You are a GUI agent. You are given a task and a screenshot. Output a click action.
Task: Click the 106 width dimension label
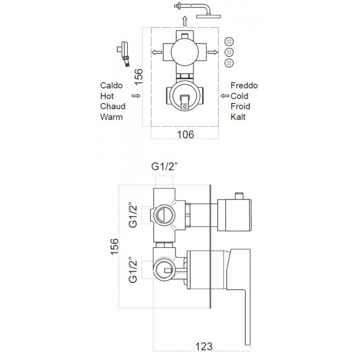[185, 135]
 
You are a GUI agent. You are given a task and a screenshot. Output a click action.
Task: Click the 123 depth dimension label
[204, 346]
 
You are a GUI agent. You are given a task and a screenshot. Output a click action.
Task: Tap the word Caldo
[111, 85]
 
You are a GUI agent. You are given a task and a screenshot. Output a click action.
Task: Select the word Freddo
[244, 85]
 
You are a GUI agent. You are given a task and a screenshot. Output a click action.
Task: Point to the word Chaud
[113, 106]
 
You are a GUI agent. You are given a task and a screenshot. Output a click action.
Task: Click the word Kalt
[238, 117]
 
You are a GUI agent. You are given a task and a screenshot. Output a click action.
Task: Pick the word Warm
[111, 117]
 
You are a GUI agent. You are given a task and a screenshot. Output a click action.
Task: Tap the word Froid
[240, 106]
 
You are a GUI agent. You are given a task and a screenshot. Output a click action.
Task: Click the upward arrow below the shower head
[184, 21]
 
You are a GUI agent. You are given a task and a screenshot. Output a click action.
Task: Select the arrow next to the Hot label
[136, 96]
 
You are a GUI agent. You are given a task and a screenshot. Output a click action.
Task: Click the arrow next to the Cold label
[225, 96]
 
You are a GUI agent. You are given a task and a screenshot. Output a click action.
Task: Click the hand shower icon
[124, 54]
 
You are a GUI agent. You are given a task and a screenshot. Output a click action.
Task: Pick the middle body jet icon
[229, 52]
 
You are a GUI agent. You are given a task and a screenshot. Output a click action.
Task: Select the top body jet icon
[229, 42]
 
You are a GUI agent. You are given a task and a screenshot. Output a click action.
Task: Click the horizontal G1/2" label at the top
[165, 166]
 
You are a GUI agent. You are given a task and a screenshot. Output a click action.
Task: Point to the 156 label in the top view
[139, 77]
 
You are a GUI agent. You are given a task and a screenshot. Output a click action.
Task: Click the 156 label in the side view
[115, 246]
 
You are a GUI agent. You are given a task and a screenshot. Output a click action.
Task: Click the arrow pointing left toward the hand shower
[157, 52]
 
